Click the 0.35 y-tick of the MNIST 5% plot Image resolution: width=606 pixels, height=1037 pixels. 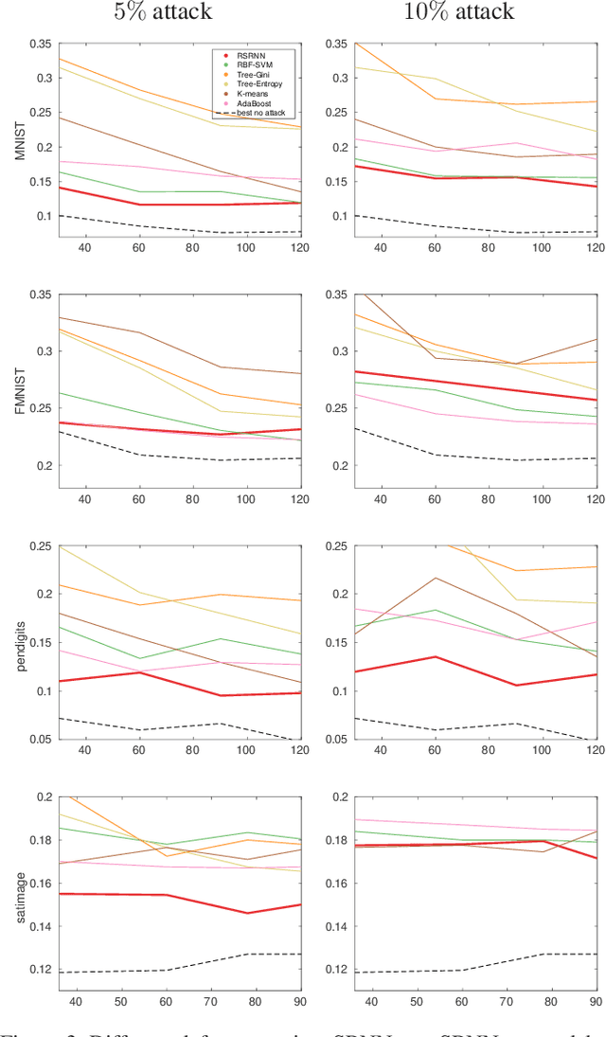40,45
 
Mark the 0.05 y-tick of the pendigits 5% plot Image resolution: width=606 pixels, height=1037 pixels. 40,740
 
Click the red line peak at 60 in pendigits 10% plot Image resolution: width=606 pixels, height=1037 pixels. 435,656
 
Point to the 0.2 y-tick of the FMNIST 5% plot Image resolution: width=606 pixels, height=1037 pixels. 44,466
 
